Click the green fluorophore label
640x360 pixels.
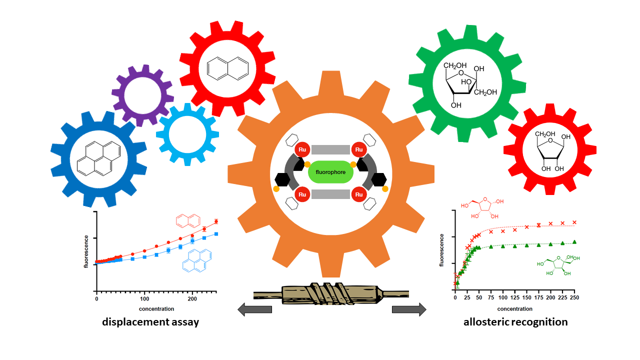[330, 172]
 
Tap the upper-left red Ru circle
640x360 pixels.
[302, 150]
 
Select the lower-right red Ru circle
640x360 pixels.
[359, 194]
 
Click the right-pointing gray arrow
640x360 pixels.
[409, 310]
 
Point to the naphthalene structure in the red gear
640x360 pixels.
[227, 68]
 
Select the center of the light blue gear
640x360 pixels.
[187, 134]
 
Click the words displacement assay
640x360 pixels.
[150, 322]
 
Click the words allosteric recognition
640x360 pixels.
[515, 322]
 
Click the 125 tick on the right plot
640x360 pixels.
[515, 298]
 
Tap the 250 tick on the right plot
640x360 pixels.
[575, 298]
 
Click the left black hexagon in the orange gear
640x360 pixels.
[282, 178]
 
